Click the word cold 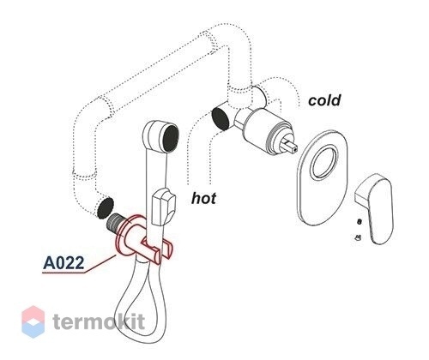[324, 100]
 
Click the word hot [203, 198]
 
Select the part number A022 [63, 262]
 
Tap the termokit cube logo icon [33, 321]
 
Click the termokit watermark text [99, 321]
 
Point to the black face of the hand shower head [171, 138]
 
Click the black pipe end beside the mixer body [220, 117]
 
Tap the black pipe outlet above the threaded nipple [106, 207]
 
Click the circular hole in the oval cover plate [324, 162]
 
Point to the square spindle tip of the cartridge [291, 145]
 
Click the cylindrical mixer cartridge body [264, 129]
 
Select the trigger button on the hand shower [164, 206]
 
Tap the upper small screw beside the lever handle [360, 221]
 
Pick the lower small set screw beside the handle [358, 237]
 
